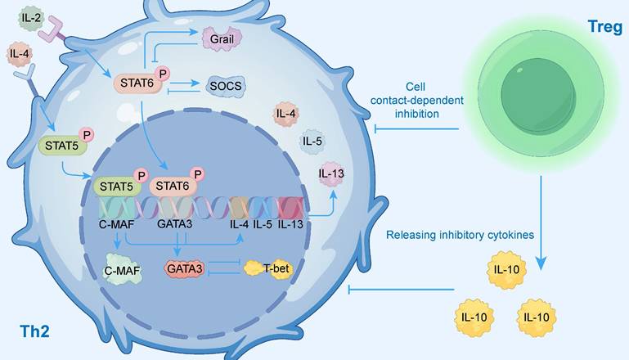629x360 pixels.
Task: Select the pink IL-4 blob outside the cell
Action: point(19,56)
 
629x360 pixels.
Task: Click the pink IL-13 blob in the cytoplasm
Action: point(331,173)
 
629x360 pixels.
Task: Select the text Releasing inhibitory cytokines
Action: point(461,235)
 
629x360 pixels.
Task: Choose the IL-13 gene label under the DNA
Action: point(294,223)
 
